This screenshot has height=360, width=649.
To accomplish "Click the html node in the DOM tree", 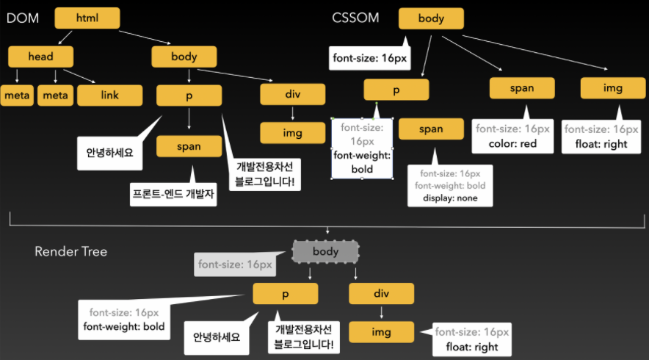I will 87,18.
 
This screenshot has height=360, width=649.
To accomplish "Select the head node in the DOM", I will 41,57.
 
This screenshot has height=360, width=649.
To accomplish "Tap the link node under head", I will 109,96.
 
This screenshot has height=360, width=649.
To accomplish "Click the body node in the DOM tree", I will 184,57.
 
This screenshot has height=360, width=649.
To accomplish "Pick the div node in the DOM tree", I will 292,95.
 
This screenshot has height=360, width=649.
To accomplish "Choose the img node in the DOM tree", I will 292,133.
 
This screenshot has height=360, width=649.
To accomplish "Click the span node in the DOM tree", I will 189,146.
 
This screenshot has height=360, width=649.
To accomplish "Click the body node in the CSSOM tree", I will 431,18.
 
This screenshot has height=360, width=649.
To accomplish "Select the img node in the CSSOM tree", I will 612,88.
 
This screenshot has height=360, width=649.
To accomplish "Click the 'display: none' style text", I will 450,198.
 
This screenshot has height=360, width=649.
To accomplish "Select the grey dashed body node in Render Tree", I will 325,252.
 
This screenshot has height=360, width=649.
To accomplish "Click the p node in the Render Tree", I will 285,294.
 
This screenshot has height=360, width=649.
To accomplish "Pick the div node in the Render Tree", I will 381,294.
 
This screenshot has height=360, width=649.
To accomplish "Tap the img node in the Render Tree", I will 381,332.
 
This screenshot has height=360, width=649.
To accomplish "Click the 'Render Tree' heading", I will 70,251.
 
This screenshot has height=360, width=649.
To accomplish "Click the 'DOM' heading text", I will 22,18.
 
